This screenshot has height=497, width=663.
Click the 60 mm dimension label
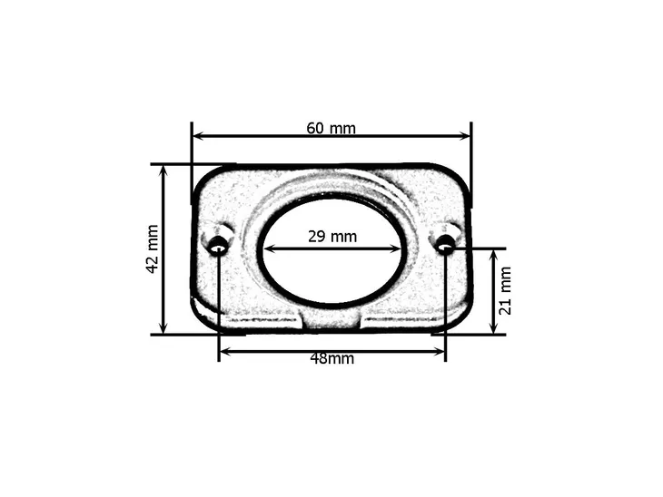click(x=331, y=128)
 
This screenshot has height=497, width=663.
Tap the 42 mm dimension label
click(x=153, y=249)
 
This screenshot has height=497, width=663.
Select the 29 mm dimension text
click(x=332, y=237)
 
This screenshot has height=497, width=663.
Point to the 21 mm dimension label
click(x=505, y=290)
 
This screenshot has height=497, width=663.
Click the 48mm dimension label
click(x=332, y=358)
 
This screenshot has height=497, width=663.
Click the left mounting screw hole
click(x=218, y=246)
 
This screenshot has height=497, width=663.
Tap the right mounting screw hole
click(x=445, y=244)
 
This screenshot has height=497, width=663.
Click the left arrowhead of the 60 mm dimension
click(x=199, y=136)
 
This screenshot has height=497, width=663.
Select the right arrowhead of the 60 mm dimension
click(x=464, y=136)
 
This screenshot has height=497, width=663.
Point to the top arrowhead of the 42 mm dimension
click(x=164, y=171)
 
